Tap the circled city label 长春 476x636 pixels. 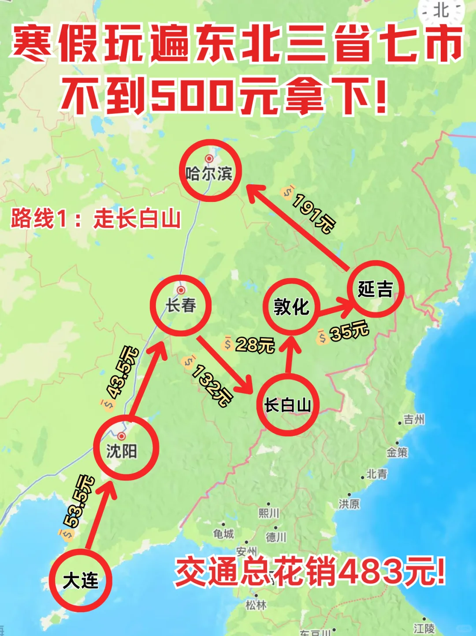click(181, 305)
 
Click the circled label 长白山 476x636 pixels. click(287, 405)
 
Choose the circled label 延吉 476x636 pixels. click(375, 289)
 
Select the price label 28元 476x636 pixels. click(254, 344)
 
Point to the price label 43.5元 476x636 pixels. click(124, 372)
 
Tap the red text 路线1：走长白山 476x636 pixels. click(96, 219)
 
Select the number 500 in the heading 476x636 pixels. click(191, 95)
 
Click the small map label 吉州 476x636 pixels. click(414, 420)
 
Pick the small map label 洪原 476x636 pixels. click(349, 503)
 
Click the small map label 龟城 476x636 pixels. click(223, 534)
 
